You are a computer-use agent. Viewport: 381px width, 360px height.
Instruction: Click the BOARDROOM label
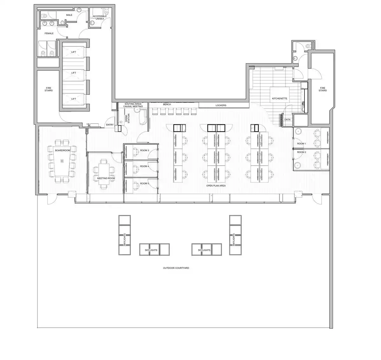click(63, 150)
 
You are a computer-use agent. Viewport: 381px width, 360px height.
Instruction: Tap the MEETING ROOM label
click(106, 178)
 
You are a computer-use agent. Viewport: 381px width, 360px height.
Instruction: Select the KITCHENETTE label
click(279, 98)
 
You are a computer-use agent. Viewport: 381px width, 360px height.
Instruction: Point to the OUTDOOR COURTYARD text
click(176, 268)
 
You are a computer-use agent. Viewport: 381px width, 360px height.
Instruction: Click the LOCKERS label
click(221, 105)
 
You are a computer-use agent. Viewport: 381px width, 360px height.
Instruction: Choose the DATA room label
click(287, 120)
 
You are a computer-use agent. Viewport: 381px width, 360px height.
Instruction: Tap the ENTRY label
click(110, 125)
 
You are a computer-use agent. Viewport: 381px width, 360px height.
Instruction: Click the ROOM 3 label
click(144, 150)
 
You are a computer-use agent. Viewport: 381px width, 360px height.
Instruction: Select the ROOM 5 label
click(144, 183)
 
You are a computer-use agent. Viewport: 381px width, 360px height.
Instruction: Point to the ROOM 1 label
click(302, 143)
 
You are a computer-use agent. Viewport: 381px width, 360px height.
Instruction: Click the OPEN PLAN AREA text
click(216, 186)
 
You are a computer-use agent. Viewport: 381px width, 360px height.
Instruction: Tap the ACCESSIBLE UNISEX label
click(100, 17)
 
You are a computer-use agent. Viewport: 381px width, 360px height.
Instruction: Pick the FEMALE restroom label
click(49, 33)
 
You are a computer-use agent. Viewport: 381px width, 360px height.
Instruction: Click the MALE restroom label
click(69, 15)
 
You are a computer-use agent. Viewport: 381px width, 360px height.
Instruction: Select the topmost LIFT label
click(74, 52)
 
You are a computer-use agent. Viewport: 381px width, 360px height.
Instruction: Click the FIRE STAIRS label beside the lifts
click(49, 89)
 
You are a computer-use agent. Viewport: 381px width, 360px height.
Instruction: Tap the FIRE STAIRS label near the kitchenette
click(323, 89)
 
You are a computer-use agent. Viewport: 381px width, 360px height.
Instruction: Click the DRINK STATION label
click(127, 118)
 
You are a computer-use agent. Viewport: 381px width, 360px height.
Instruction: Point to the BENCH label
click(167, 104)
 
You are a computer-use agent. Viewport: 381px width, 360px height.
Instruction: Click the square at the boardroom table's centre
click(62, 161)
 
